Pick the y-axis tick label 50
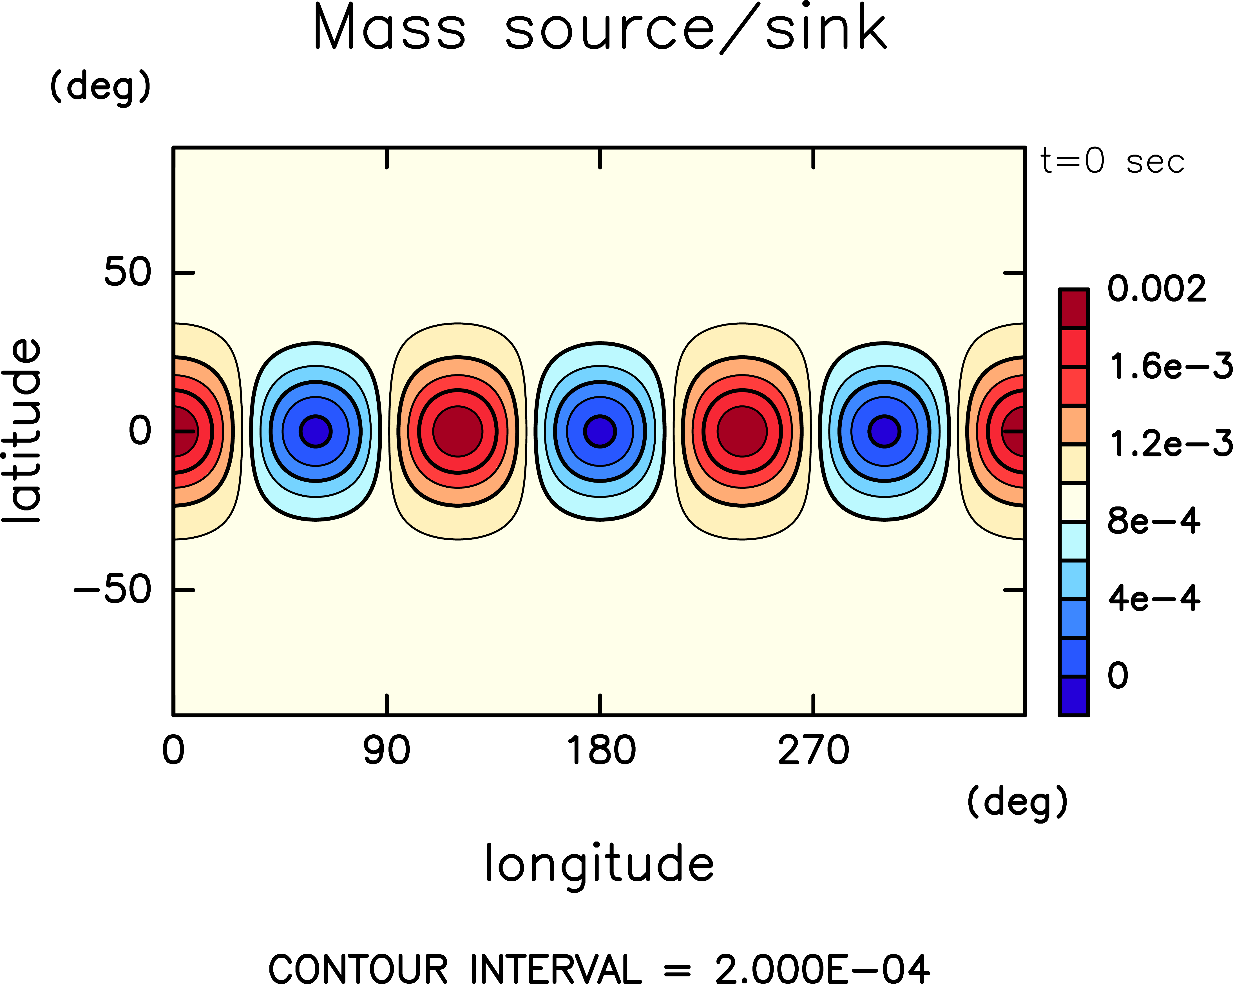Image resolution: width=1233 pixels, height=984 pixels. pos(127,272)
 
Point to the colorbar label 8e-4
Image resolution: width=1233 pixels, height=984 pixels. pos(1154,521)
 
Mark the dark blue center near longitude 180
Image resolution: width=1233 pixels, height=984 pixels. pos(600,431)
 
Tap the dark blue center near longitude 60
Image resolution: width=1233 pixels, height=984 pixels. pos(316,431)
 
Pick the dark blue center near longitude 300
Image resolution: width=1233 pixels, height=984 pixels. pos(884,431)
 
